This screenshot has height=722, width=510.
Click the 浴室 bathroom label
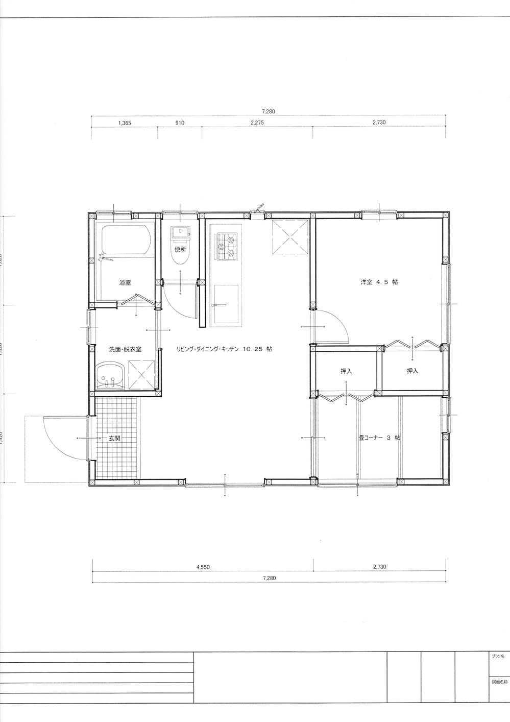(x=125, y=282)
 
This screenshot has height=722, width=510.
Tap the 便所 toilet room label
(x=180, y=250)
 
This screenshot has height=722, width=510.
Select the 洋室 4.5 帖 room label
(x=379, y=282)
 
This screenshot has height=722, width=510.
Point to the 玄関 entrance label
(x=114, y=438)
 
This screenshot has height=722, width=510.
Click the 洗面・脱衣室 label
(x=125, y=349)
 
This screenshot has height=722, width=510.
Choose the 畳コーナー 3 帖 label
(x=379, y=438)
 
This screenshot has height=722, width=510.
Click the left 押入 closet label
(x=346, y=371)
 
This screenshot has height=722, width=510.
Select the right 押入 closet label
(x=412, y=371)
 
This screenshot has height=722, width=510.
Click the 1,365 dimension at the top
(x=125, y=123)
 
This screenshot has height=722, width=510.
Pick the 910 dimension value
(x=179, y=123)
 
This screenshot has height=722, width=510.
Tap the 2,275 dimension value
(x=257, y=123)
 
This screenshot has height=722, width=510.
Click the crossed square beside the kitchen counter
(x=290, y=237)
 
